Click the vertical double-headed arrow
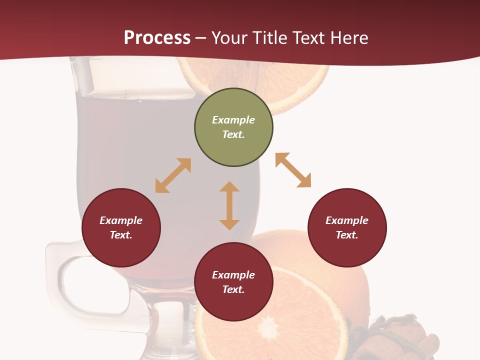pyautogui.click(x=229, y=205)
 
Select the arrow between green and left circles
pyautogui.click(x=173, y=175)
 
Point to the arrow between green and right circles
pyautogui.click(x=293, y=170)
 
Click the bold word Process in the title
pyautogui.click(x=157, y=38)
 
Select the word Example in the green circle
pyautogui.click(x=233, y=120)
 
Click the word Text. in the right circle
pyautogui.click(x=347, y=235)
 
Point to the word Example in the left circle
pyautogui.click(x=121, y=220)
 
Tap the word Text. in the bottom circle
pyautogui.click(x=233, y=289)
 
